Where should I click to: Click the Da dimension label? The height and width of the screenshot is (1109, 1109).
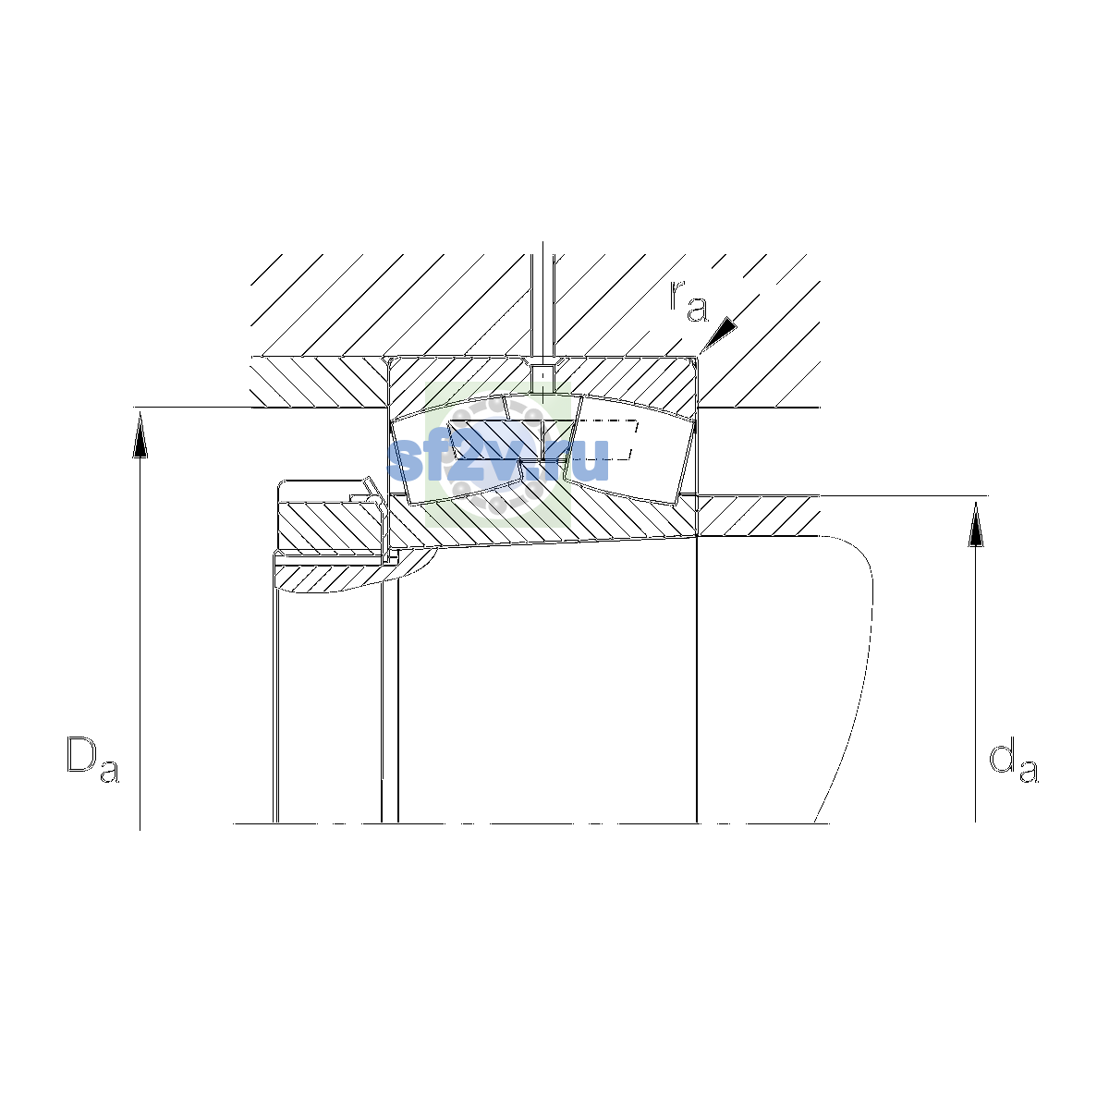click(x=92, y=759)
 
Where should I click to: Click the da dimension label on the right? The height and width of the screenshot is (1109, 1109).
click(x=1014, y=763)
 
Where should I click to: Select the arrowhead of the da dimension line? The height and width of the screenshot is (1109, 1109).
click(x=976, y=523)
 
